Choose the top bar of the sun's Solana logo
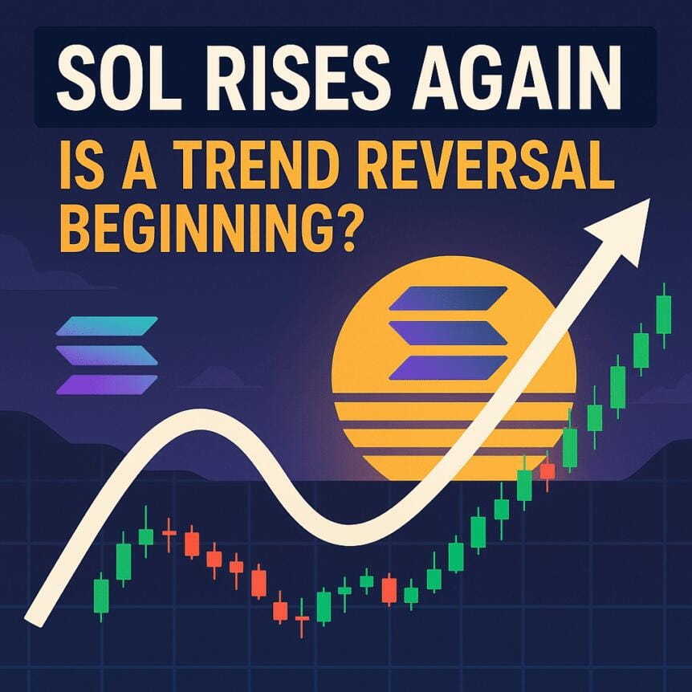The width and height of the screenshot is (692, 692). coord(448,298)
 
